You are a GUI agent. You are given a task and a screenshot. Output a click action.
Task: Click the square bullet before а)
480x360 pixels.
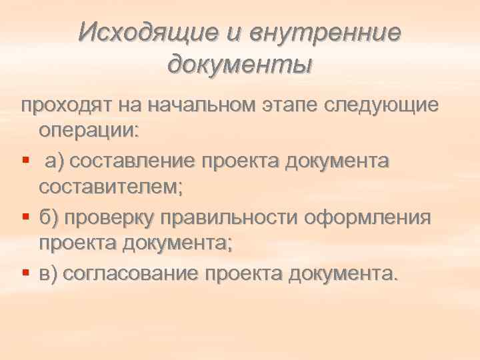25,161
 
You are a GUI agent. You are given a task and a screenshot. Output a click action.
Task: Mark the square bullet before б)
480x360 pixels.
25,218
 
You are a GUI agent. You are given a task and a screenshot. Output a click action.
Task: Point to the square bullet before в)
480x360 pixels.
25,274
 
